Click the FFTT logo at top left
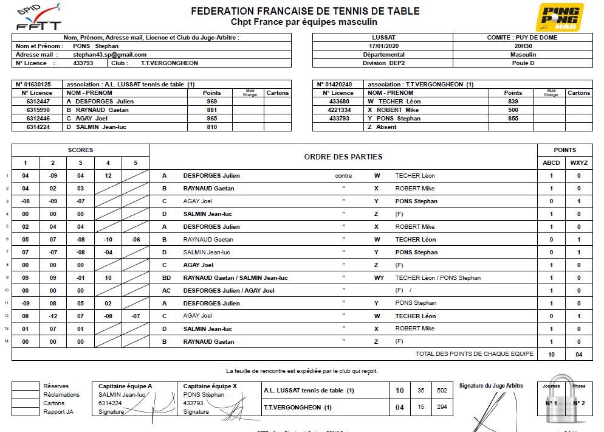click(38, 19)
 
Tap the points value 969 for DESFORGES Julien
click(212, 102)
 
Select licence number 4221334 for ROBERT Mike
click(340, 110)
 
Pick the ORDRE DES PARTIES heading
click(343, 157)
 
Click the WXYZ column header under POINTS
click(578, 163)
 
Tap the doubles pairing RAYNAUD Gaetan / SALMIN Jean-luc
click(235, 278)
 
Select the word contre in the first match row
click(343, 176)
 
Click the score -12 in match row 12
click(53, 316)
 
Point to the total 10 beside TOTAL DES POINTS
click(551, 354)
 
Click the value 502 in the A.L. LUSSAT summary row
click(442, 391)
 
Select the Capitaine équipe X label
click(206, 386)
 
